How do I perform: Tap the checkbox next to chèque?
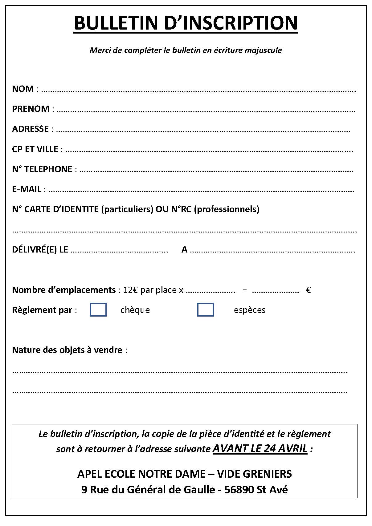pos(98,310)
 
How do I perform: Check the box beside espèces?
pos(205,310)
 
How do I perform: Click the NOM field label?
pos(23,89)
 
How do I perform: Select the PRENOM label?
pos(31,109)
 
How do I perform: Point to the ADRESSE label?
pos(30,129)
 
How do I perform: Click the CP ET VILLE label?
pos(35,149)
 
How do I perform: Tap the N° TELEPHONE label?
pos(42,169)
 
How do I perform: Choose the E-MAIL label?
pos(27,189)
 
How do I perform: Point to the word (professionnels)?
pos(227,209)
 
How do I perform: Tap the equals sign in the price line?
pos(244,290)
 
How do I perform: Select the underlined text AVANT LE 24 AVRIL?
pos(260,448)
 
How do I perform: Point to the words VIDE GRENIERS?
pos(254,474)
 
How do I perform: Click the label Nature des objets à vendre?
pos(67,350)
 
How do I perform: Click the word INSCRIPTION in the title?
pos(231,23)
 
